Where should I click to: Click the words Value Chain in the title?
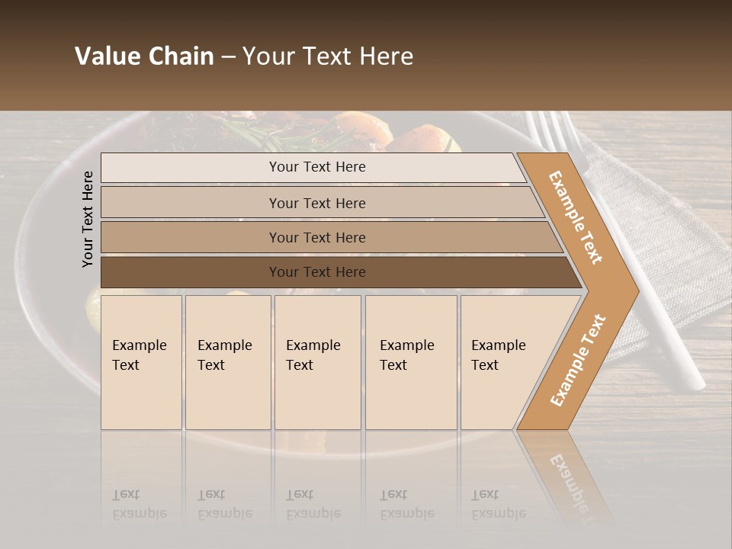[x=144, y=56]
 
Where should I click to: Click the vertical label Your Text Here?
[x=88, y=219]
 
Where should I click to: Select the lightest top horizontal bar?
[x=316, y=167]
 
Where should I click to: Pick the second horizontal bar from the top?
[x=316, y=203]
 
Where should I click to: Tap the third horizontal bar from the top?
[x=316, y=237]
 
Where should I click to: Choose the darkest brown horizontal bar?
[x=316, y=272]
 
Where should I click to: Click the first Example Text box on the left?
[x=141, y=362]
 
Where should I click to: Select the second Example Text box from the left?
[x=227, y=362]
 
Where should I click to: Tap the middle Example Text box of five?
[x=317, y=362]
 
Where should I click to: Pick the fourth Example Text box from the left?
[x=410, y=362]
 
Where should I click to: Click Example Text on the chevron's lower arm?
[x=578, y=361]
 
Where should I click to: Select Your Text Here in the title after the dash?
[x=328, y=56]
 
